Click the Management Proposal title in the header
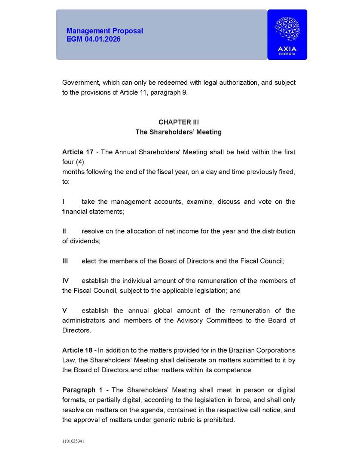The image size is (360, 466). point(104,31)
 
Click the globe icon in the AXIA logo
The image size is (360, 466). point(287,29)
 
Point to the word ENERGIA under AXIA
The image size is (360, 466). point(287,54)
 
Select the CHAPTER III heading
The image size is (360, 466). point(178,122)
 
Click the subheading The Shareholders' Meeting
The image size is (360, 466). point(178,132)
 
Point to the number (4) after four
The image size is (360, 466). point(79,162)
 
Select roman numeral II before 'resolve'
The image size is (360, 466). point(64,231)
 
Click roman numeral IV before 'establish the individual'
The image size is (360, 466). point(65,281)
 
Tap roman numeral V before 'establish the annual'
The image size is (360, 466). point(64,310)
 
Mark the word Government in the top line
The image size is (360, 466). point(81,83)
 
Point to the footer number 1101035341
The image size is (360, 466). point(73,441)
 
